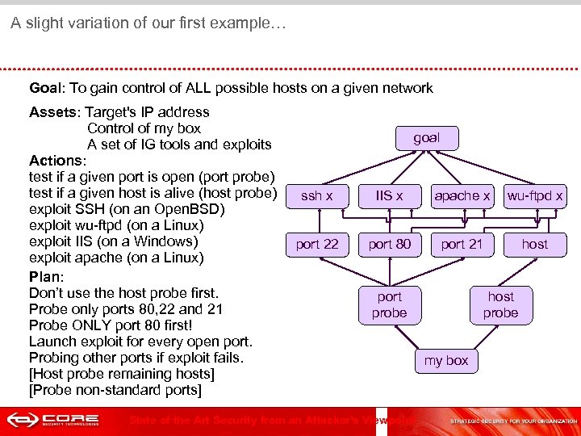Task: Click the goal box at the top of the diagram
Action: [426, 138]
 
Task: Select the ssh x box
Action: [316, 195]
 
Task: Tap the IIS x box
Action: [389, 195]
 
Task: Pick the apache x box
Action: [462, 195]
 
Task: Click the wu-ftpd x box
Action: [534, 195]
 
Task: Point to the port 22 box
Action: [316, 244]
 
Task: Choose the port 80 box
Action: [389, 244]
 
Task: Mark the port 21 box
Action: [462, 244]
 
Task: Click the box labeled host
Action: [534, 244]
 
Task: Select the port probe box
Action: [389, 304]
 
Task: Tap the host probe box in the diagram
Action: [500, 304]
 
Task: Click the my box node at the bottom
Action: [445, 361]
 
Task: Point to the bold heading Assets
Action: [54, 112]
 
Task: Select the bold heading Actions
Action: [56, 161]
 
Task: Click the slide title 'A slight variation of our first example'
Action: [148, 23]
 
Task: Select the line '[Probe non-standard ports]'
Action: [115, 390]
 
